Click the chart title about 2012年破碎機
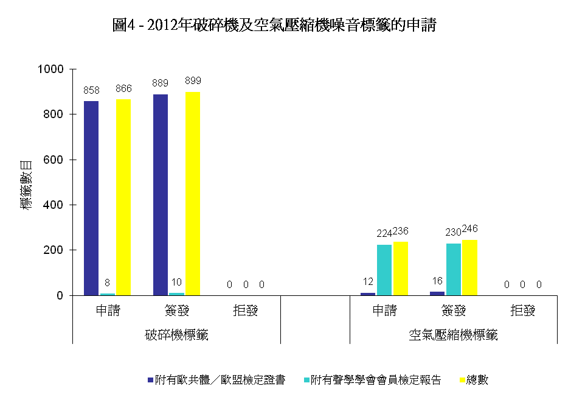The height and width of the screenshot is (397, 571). click(274, 26)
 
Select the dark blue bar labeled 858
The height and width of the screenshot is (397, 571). click(91, 198)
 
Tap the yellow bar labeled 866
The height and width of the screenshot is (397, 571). click(123, 197)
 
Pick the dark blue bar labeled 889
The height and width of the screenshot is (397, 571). click(161, 195)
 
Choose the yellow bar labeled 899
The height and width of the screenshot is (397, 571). click(193, 194)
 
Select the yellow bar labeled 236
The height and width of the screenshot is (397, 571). click(401, 269)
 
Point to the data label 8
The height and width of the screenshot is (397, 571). click(108, 282)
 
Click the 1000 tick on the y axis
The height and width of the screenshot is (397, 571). click(50, 69)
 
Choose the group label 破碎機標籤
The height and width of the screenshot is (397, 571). click(177, 334)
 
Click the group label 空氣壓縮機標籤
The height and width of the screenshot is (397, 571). click(454, 334)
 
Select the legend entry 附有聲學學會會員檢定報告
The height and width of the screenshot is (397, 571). click(375, 380)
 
